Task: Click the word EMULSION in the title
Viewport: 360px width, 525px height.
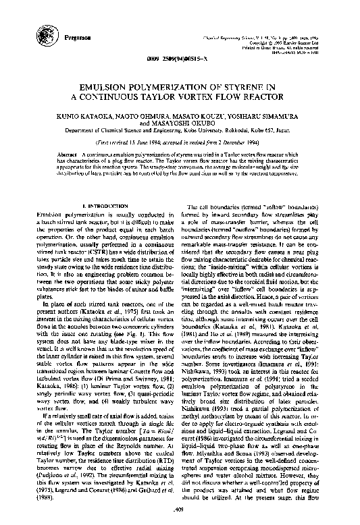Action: click(106, 87)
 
